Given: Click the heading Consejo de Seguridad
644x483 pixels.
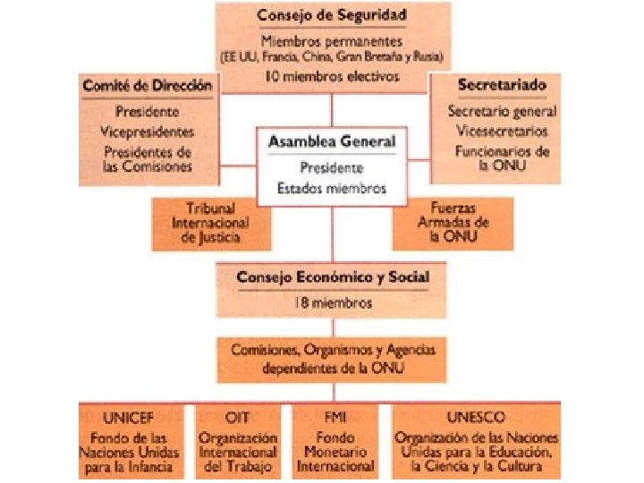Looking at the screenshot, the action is [x=332, y=16].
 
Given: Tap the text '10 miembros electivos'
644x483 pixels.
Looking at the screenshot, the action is [x=332, y=77].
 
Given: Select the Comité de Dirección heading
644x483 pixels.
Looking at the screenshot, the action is [x=148, y=86].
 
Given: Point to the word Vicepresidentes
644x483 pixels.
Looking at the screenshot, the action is [x=148, y=131].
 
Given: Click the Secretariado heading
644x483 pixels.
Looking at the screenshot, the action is [x=502, y=86].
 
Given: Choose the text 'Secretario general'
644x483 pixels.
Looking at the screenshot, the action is [x=502, y=112].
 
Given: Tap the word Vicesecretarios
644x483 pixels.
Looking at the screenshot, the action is [x=502, y=131].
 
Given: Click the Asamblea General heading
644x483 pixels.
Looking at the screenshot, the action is [x=332, y=141].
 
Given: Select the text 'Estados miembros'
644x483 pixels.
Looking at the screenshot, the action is [x=332, y=188].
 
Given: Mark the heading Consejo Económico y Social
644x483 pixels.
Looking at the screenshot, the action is [x=332, y=277].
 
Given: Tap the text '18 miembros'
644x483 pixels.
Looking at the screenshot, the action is [x=332, y=303].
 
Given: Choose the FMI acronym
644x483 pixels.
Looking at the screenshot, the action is [x=335, y=417].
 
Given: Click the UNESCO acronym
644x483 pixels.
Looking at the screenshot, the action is [x=475, y=417].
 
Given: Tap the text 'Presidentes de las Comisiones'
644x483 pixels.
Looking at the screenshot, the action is [x=148, y=159].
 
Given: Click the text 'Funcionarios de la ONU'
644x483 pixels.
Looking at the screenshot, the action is [x=502, y=159].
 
